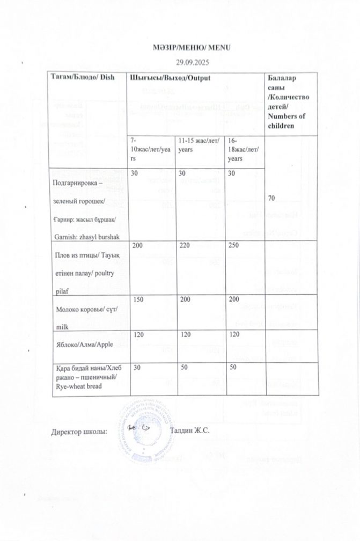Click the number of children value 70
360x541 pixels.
[x=271, y=198]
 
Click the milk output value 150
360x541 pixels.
[x=138, y=298]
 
